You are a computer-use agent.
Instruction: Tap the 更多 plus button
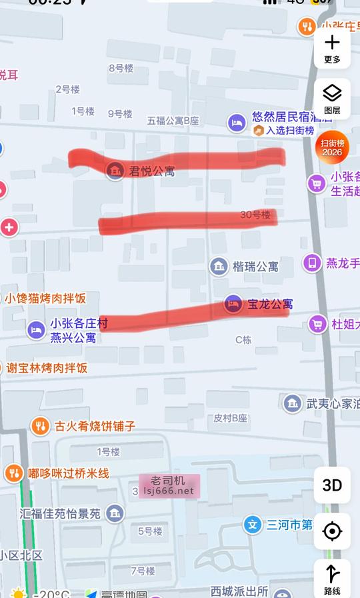tap(332, 48)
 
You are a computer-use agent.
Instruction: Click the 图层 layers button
tap(332, 98)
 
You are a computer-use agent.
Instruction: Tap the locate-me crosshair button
tap(332, 531)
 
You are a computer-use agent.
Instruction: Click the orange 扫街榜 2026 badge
tap(332, 147)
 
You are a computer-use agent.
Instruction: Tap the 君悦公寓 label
tap(151, 171)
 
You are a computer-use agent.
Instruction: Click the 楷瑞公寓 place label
tap(255, 267)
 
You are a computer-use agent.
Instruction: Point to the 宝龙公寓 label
tap(270, 304)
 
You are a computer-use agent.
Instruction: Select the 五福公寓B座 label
tap(173, 121)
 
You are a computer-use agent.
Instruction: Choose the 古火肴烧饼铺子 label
tap(95, 425)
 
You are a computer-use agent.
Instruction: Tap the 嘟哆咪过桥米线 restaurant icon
tap(13, 473)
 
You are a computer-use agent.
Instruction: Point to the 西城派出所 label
tap(239, 591)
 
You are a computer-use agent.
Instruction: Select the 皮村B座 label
tap(231, 418)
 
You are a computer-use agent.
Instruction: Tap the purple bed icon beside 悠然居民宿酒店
tap(237, 122)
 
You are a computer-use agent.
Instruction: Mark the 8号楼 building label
tap(121, 68)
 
